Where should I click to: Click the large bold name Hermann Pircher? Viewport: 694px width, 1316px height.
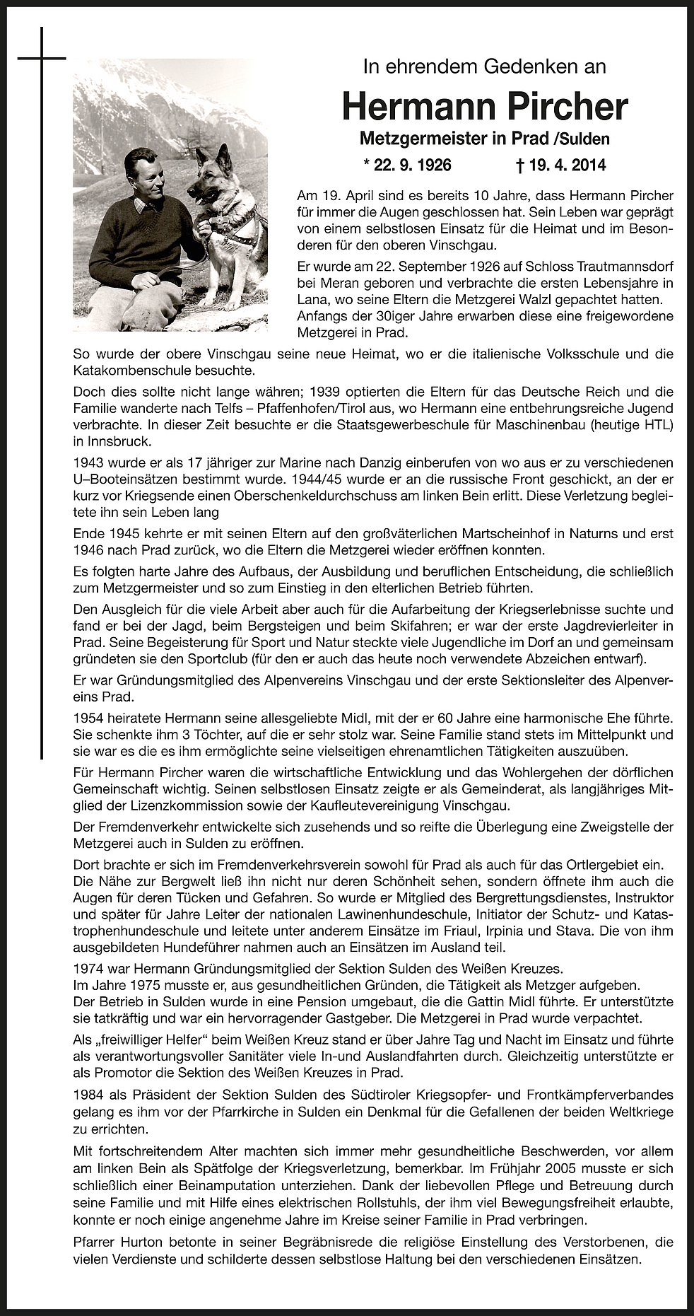click(x=484, y=107)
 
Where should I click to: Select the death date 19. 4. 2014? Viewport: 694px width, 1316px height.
click(x=561, y=165)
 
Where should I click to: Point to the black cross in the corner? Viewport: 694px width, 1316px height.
click(x=42, y=57)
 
